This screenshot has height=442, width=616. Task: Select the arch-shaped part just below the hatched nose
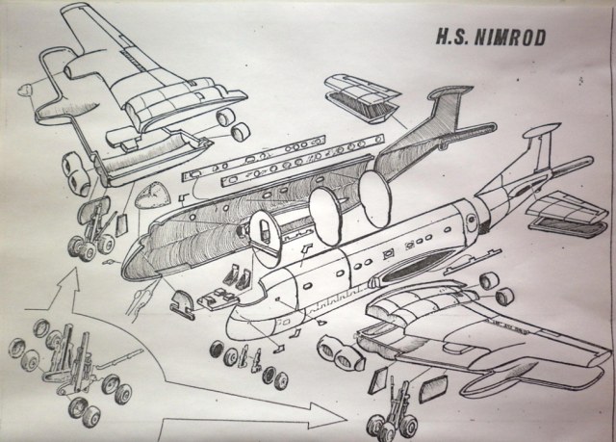click(x=179, y=307)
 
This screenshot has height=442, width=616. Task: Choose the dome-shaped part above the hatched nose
click(x=149, y=196)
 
